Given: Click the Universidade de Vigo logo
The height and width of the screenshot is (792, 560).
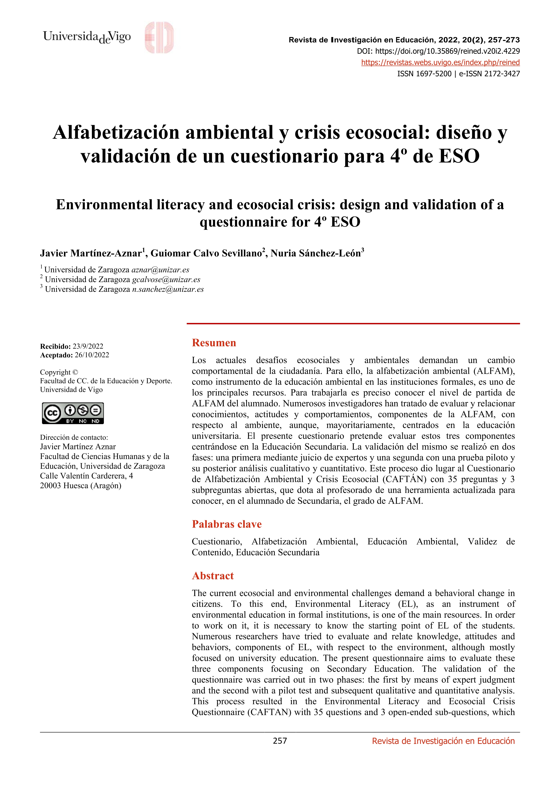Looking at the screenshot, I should click(x=87, y=37).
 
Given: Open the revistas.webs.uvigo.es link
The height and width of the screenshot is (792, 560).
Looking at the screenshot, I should click(x=440, y=62).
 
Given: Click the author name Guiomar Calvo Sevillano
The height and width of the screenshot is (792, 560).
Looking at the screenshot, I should click(x=206, y=254).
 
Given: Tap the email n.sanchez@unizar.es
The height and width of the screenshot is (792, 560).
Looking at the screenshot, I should click(x=168, y=290).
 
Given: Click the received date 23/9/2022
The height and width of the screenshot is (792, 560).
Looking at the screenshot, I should click(x=88, y=346).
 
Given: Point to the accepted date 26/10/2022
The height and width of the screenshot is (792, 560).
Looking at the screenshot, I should click(x=92, y=355).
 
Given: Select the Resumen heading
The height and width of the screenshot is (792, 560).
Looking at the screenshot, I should click(x=214, y=343).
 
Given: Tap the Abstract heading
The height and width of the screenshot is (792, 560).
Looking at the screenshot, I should click(x=212, y=576).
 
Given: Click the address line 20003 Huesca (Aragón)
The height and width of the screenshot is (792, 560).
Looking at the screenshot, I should click(x=81, y=486).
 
